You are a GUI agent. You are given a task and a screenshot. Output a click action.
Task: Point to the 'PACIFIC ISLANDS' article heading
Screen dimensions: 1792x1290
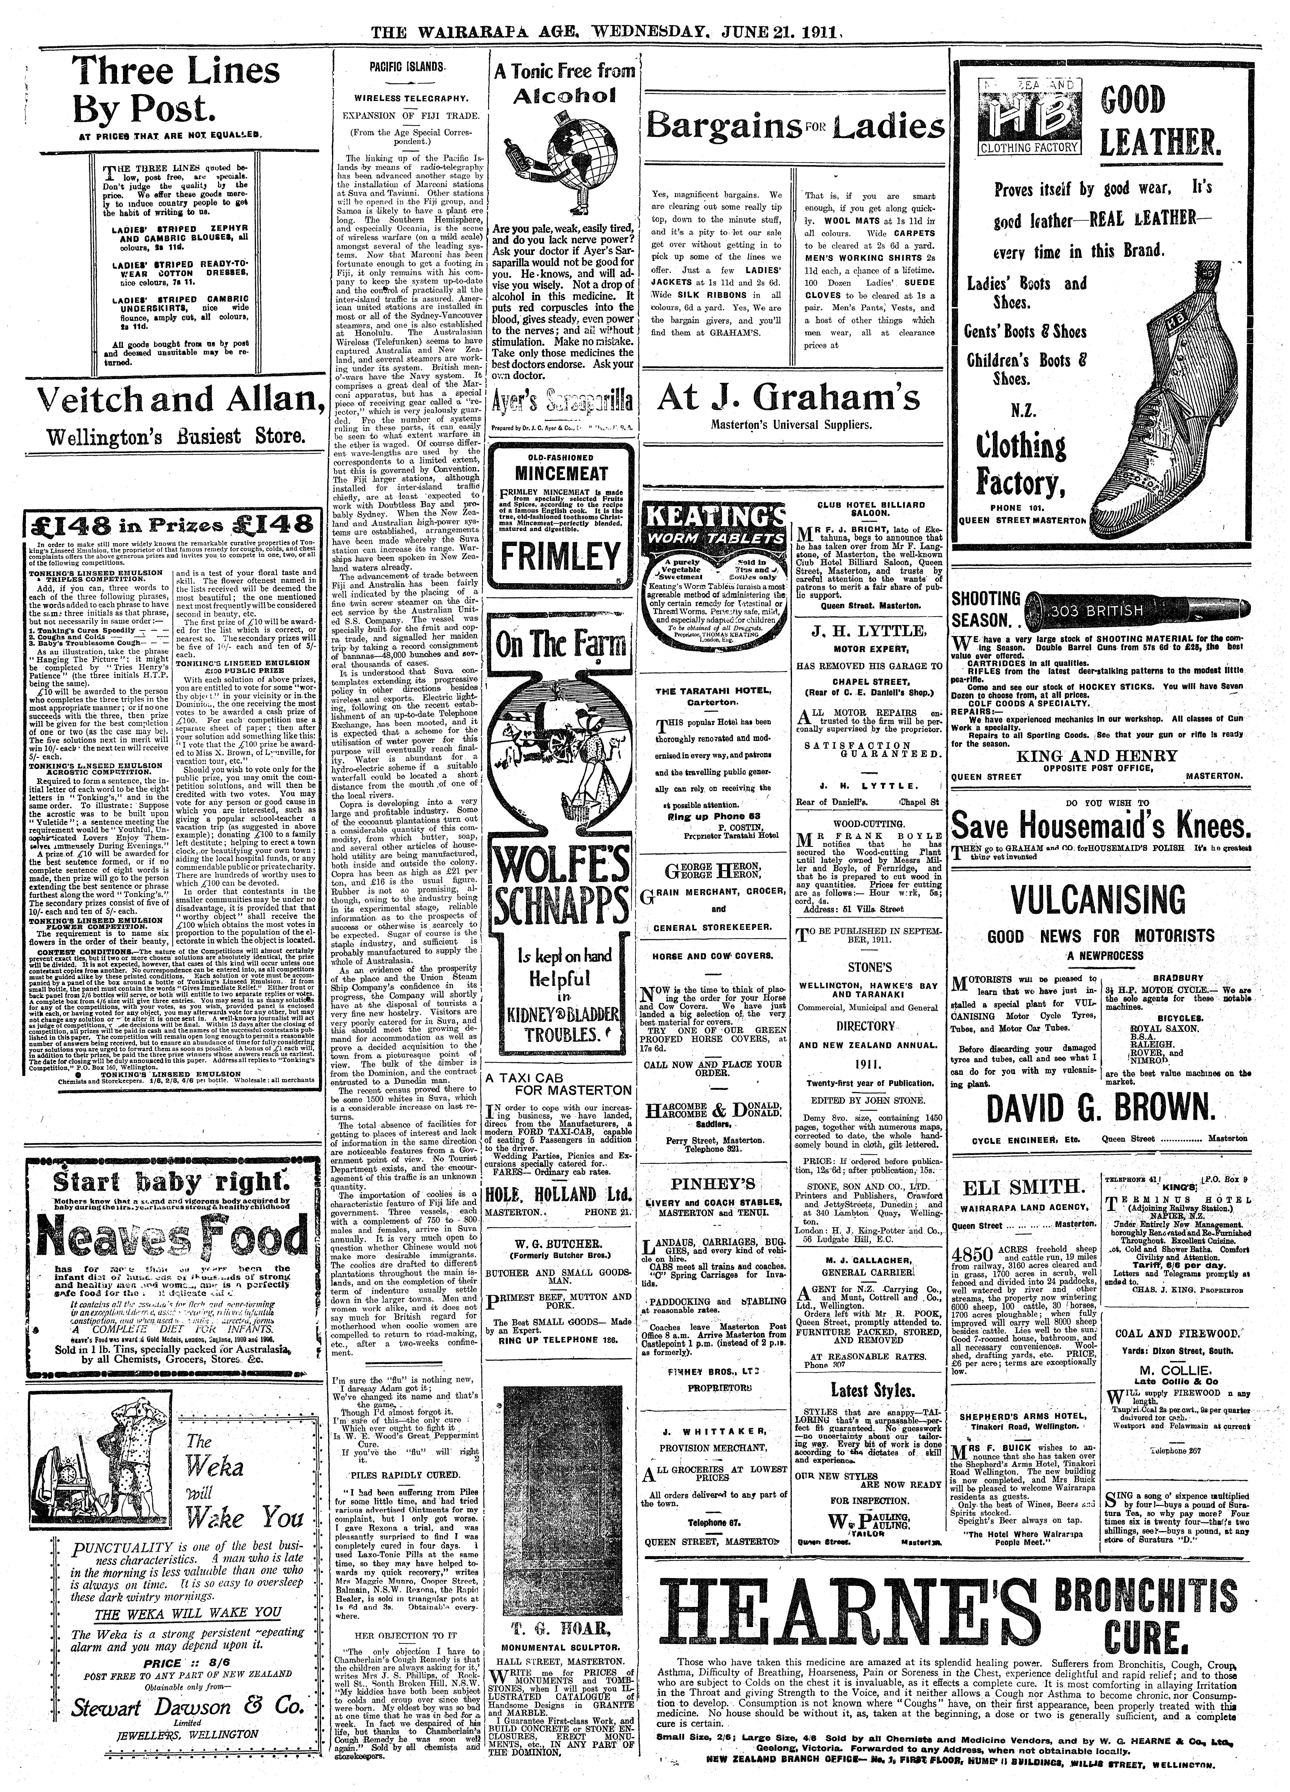click(x=406, y=68)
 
